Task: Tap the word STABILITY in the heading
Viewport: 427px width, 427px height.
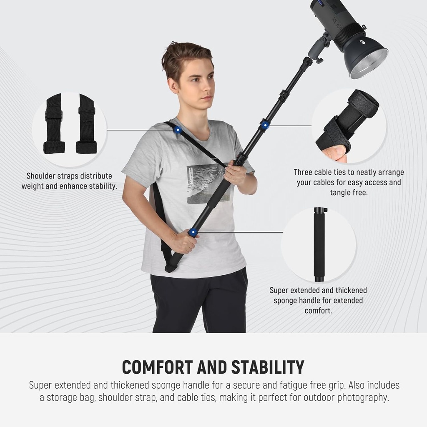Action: point(268,367)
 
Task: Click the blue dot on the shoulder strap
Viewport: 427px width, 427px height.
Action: point(178,130)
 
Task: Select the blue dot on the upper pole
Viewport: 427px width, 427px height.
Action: point(264,124)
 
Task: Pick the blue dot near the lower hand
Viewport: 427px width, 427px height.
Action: point(193,232)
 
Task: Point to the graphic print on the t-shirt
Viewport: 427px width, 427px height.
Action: point(207,183)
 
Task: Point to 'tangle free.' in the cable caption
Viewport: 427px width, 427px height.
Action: point(349,193)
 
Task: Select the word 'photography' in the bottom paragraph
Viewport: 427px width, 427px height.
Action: point(362,397)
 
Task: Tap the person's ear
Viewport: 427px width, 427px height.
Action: point(171,85)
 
